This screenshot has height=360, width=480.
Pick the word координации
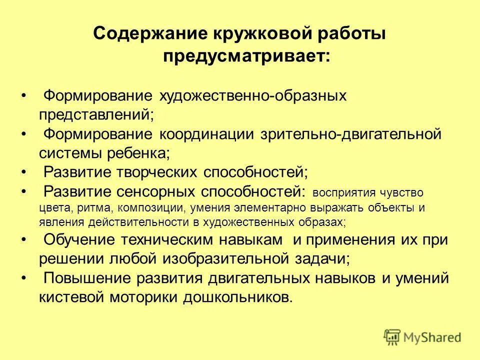pyautogui.click(x=208, y=134)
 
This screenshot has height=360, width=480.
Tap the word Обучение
pyautogui.click(x=80, y=239)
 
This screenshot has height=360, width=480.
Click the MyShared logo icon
pyautogui.click(x=392, y=336)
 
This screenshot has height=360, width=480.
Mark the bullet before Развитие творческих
pyautogui.click(x=24, y=172)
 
